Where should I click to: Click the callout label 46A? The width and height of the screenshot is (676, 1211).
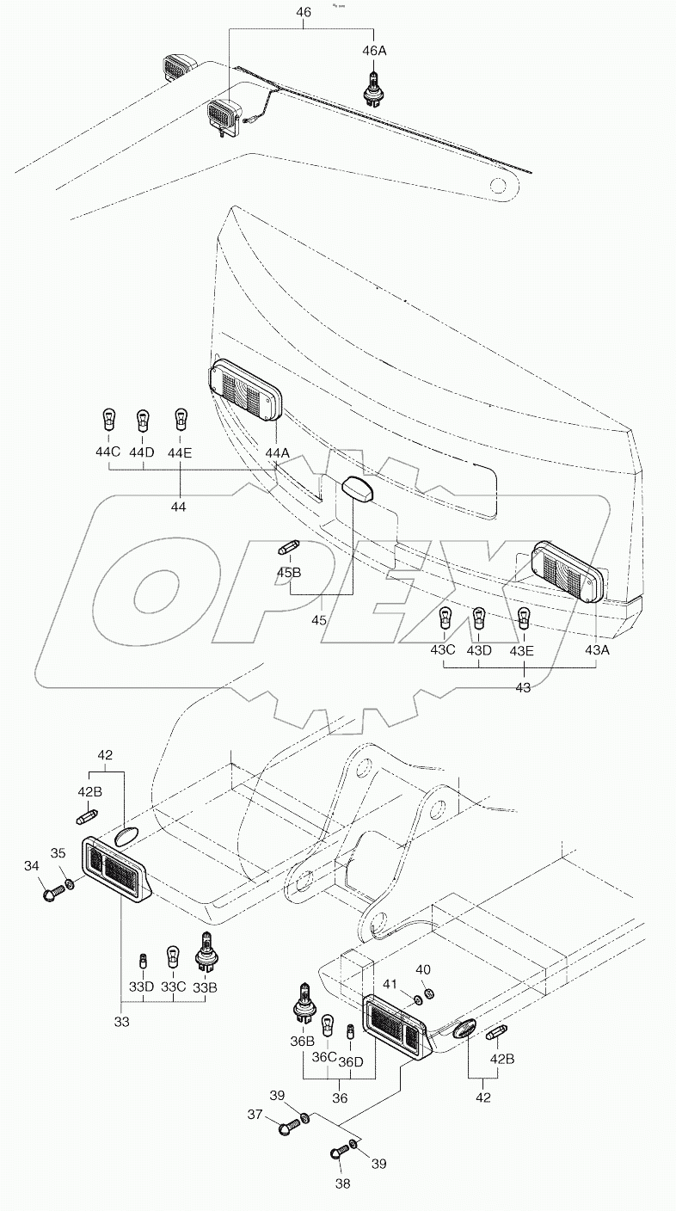point(374,52)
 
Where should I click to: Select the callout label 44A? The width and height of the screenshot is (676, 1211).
point(278,452)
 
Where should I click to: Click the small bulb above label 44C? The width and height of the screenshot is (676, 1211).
point(108,421)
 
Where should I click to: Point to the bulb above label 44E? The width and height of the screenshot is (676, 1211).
point(181,419)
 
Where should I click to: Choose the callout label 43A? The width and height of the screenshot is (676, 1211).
point(597,650)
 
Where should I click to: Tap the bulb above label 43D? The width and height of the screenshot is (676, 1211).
point(479,618)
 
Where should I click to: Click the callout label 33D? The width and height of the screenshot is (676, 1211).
point(142,987)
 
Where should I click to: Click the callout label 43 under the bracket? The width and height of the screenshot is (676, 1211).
point(523,687)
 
